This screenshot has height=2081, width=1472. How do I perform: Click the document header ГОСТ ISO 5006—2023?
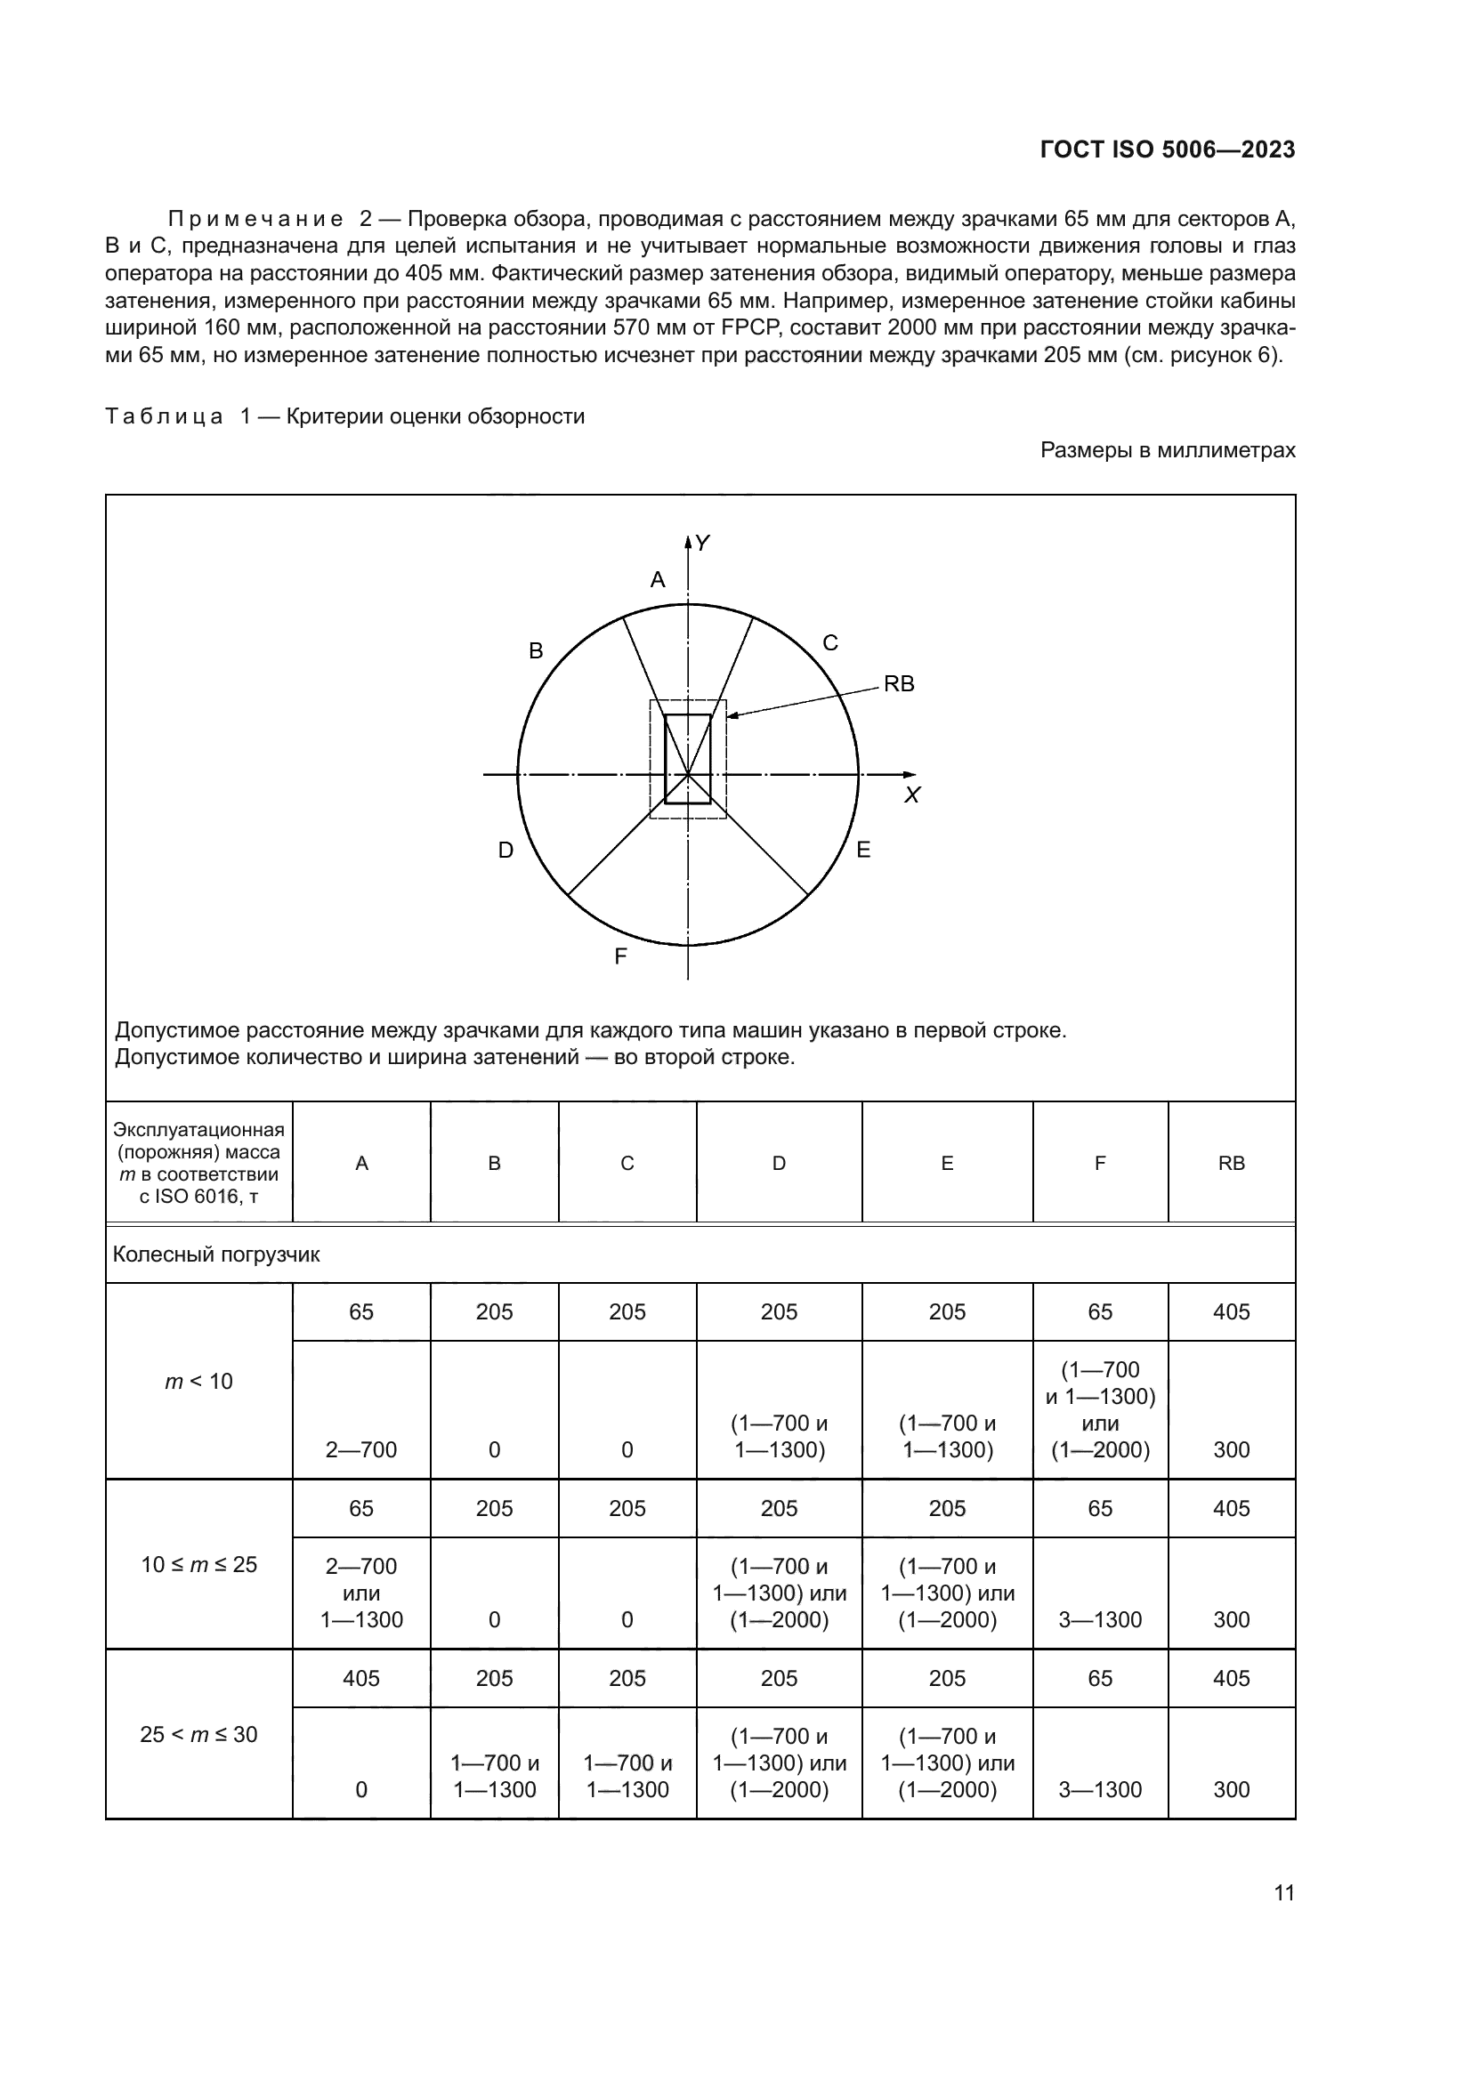[1167, 150]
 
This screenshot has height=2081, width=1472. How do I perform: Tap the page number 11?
[1283, 1892]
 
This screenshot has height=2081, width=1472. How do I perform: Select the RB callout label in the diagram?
[898, 684]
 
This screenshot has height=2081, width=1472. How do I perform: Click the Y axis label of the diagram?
[701, 543]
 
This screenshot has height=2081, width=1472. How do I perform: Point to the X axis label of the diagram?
[912, 795]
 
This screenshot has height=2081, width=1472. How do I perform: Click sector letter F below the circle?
[621, 956]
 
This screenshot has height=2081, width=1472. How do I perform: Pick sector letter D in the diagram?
[505, 851]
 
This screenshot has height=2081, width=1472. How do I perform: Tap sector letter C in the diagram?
[829, 643]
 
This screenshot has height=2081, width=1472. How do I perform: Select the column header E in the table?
[946, 1163]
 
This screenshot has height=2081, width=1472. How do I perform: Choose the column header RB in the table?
[1231, 1163]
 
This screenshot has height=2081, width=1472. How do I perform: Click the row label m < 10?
[198, 1382]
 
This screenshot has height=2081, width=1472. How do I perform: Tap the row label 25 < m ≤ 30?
[198, 1734]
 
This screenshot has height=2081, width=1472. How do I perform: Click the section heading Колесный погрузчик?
[215, 1254]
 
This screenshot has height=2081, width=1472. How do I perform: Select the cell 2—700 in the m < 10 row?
[360, 1449]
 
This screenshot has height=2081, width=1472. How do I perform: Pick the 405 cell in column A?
[360, 1678]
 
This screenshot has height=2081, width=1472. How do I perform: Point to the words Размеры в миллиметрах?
[1167, 450]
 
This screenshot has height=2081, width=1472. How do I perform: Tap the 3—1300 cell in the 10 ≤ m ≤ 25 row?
[1099, 1619]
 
